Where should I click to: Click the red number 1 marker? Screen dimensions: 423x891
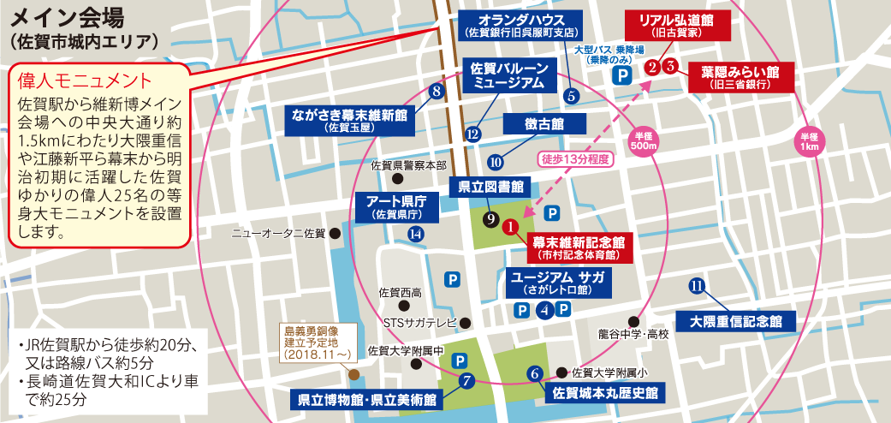click(510, 227)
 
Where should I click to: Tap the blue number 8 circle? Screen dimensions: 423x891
click(437, 92)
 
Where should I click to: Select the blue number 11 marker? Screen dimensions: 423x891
click(697, 285)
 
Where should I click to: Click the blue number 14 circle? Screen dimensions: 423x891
click(416, 234)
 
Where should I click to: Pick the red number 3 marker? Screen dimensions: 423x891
click(671, 65)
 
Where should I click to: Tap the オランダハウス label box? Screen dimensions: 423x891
click(520, 25)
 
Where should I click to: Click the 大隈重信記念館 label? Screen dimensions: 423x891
click(735, 322)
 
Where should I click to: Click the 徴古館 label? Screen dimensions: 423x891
click(544, 124)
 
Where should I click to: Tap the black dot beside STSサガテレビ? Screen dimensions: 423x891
click(466, 323)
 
